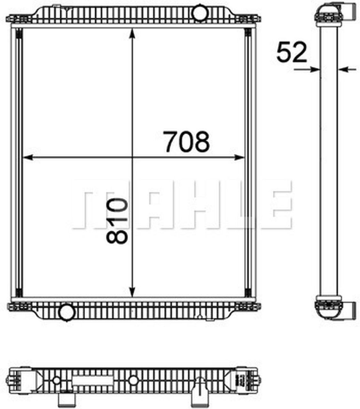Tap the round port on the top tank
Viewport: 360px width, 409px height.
tap(200, 12)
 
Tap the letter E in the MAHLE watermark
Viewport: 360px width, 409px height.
tap(278, 205)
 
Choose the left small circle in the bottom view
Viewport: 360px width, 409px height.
tap(57, 380)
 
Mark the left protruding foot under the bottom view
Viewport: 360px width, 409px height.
tap(67, 398)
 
